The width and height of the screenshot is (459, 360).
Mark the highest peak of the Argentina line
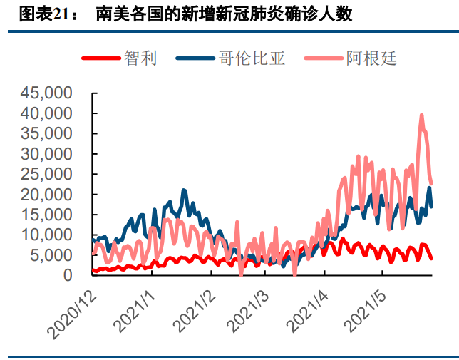[x=421, y=115]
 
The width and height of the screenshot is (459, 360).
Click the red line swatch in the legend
[x=100, y=58]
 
